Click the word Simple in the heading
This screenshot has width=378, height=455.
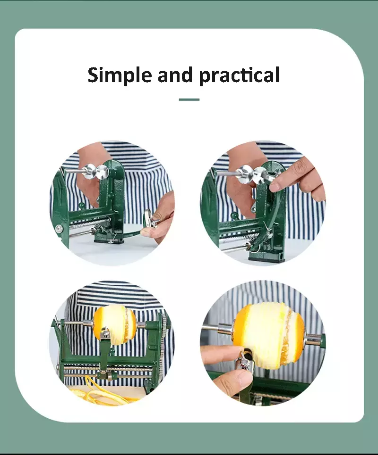[x=120, y=75]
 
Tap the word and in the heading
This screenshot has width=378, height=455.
[x=175, y=74]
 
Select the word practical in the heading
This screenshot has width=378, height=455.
[x=239, y=75]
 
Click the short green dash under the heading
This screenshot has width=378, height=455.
[x=189, y=99]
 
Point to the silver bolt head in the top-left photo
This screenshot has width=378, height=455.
[x=60, y=229]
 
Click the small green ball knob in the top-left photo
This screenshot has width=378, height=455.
[x=82, y=206]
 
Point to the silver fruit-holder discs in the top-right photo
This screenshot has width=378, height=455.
[x=250, y=174]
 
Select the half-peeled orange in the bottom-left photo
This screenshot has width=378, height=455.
[x=114, y=322]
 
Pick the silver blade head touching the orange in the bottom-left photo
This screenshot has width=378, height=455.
[x=105, y=333]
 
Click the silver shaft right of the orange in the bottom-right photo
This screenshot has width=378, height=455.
[x=313, y=340]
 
